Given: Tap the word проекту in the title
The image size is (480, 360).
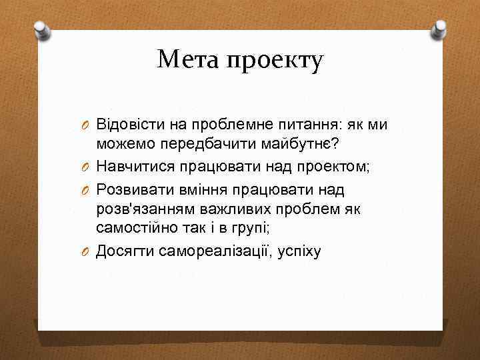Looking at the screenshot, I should [x=275, y=61].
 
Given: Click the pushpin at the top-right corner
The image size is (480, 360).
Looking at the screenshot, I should [x=439, y=29].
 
